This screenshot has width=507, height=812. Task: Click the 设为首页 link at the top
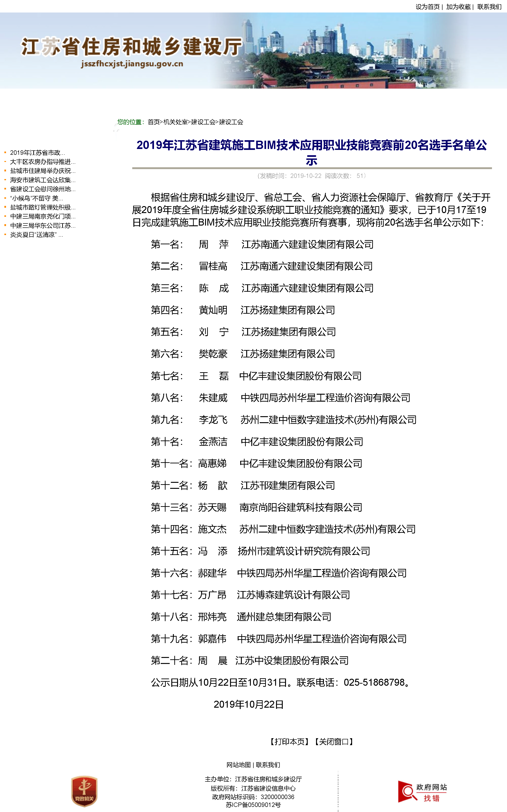click(427, 7)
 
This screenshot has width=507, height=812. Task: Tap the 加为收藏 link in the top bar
click(458, 7)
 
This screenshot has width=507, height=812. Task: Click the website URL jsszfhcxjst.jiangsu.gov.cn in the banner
click(132, 64)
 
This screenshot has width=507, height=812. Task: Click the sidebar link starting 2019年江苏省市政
click(37, 153)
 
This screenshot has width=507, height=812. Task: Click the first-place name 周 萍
click(214, 244)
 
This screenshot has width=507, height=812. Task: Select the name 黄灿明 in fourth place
click(213, 310)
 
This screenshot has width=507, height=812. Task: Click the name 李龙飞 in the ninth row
click(213, 420)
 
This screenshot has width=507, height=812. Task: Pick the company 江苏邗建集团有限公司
click(288, 485)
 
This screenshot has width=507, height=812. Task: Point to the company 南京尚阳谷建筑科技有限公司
click(301, 507)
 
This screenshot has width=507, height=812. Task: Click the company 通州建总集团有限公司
click(284, 617)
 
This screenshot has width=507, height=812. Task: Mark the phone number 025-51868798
click(374, 682)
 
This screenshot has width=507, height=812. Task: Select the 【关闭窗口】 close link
click(334, 741)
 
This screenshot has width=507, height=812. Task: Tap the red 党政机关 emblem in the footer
click(84, 791)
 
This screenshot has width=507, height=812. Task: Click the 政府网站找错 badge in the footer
click(423, 792)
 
